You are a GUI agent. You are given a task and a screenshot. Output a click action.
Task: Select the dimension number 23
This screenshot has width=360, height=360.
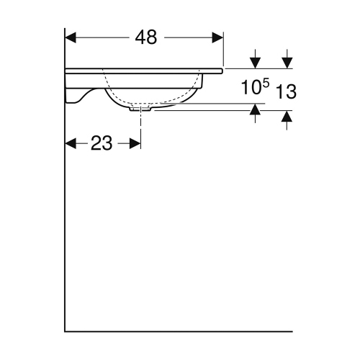click(102, 143)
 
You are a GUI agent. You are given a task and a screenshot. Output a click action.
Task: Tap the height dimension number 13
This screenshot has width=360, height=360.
click(287, 91)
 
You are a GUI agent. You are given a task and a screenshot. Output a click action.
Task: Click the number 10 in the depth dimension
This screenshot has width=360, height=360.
click(249, 89)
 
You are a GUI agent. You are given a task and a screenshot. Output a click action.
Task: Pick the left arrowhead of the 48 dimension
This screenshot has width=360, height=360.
click(72, 37)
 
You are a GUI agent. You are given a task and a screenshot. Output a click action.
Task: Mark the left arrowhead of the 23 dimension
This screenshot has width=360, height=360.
click(72, 143)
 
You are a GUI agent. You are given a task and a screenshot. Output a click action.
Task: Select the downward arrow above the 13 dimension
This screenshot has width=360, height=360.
click(287, 63)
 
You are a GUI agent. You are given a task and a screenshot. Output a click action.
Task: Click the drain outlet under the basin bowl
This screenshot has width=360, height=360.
click(141, 109)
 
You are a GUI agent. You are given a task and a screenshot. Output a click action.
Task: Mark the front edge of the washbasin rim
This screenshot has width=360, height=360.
click(222, 71)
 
